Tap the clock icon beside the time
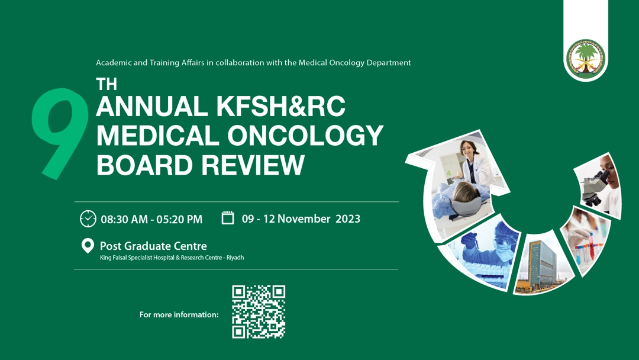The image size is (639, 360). point(88,218)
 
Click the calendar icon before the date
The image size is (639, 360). point(228,218)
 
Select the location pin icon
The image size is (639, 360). point(88,246)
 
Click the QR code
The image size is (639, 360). point(259,312)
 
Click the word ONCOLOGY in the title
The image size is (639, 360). point(305,136)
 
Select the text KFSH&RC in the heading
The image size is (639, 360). point(281,107)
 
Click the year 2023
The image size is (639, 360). point(348,219)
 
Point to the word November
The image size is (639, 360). point(304,219)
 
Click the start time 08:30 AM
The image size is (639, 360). point(124,219)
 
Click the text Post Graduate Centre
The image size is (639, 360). point(153,246)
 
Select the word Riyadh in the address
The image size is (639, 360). point(235,258)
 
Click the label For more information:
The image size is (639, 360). point(179,315)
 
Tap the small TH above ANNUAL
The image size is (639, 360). point(106,85)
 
